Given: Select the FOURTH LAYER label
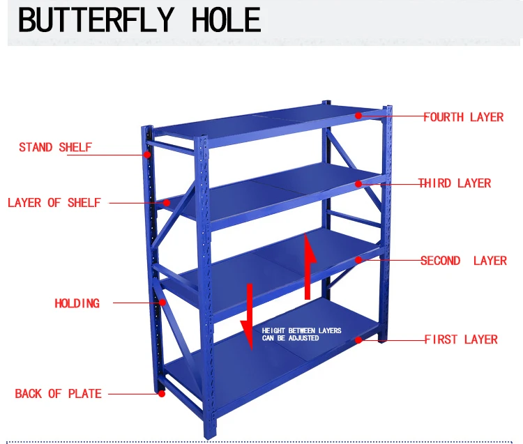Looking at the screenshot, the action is point(463,117).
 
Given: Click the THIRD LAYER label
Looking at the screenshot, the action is point(455,183).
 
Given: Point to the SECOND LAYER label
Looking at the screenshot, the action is point(463,261).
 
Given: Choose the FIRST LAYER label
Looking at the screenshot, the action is point(461,339).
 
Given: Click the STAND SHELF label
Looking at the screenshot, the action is point(55,147).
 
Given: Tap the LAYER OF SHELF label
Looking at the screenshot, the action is point(54,203).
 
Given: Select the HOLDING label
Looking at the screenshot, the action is point(77,303).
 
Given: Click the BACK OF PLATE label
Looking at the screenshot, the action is point(58,394).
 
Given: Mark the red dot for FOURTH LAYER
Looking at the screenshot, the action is point(358,116).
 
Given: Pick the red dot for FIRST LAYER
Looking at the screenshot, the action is point(358,339).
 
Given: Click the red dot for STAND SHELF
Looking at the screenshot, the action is point(147,154).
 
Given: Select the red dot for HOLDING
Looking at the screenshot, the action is point(162,303).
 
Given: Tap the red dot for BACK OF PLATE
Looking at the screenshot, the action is point(162,394).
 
